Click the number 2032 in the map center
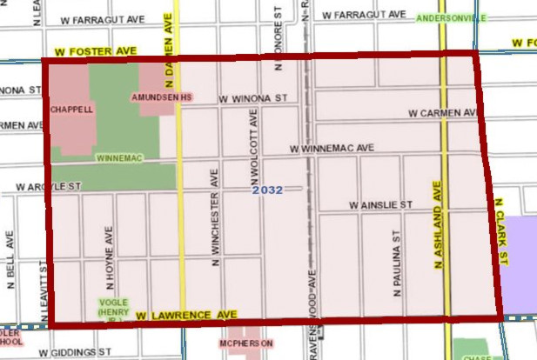(x=268, y=189)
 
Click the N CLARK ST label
(x=500, y=229)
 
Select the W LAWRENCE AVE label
(x=186, y=314)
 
